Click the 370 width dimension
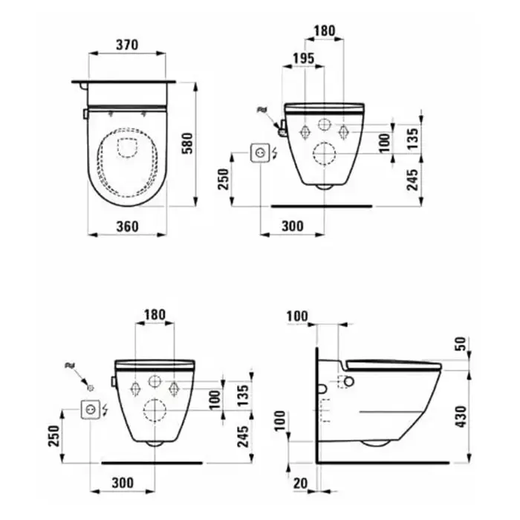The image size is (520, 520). click(127, 45)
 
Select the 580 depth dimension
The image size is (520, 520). click(187, 143)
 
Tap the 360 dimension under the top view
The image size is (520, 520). click(127, 227)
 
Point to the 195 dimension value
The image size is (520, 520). click(303, 59)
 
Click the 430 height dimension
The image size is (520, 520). click(461, 417)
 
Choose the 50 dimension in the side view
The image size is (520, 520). click(461, 344)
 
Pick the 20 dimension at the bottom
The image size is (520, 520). click(300, 484)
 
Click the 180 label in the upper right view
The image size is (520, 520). click(325, 31)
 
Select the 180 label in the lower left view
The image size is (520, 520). click(155, 314)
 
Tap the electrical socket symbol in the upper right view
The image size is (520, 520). click(259, 153)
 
